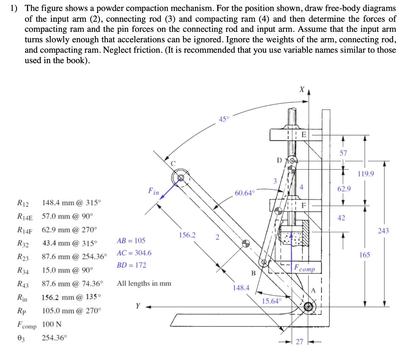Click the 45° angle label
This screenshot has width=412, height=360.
224,119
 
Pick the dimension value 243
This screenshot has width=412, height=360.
384,230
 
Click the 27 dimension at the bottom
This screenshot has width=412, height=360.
299,342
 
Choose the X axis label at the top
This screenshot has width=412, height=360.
301,89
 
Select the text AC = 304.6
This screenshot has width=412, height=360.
134,253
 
